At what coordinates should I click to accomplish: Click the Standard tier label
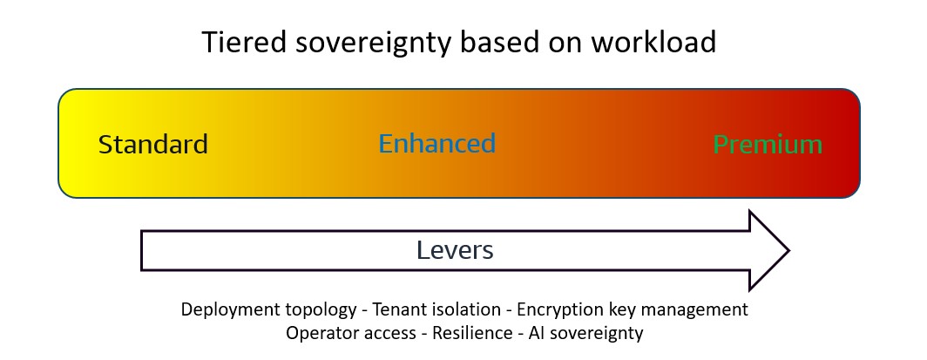tap(153, 144)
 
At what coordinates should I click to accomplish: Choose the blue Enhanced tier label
tap(436, 144)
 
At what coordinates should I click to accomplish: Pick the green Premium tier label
tap(768, 144)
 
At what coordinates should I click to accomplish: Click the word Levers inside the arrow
tap(455, 250)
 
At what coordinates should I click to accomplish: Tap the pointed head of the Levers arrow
tap(788, 251)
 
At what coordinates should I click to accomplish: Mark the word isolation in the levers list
tap(466, 309)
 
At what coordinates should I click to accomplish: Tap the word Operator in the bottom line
tap(319, 333)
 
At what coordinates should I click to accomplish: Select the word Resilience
tap(472, 333)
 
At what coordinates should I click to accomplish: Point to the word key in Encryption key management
tap(619, 309)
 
